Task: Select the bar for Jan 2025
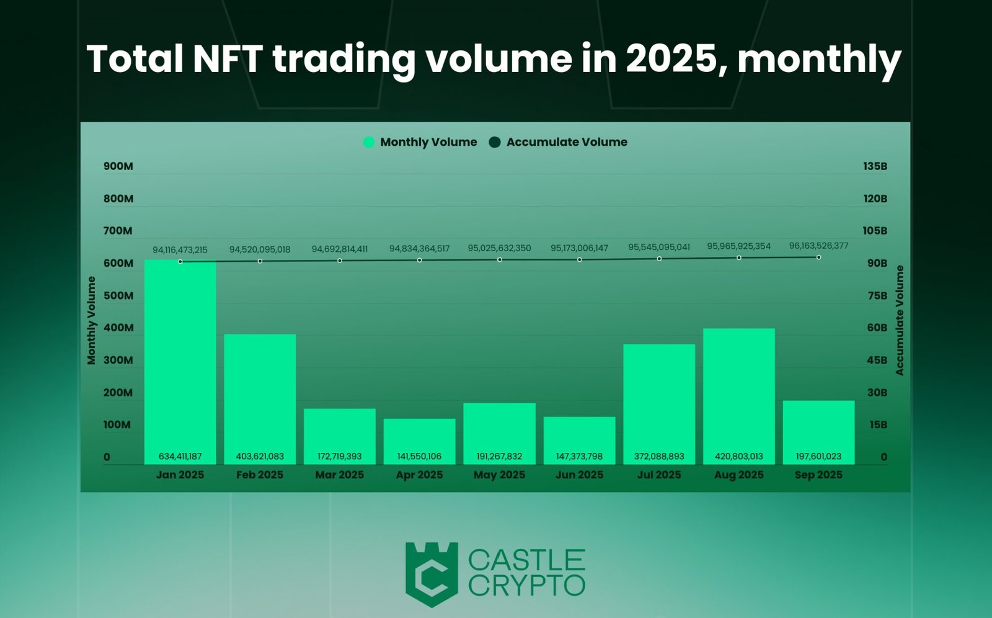(x=180, y=360)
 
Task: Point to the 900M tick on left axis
(x=118, y=166)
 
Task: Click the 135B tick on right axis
(x=875, y=166)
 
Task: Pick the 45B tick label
(x=877, y=360)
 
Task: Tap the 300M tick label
(x=118, y=360)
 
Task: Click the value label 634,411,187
(x=180, y=456)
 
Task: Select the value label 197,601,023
(x=818, y=456)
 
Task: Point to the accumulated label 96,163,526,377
(x=818, y=246)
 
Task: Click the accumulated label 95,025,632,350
(x=499, y=248)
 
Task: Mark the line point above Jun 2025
(x=579, y=259)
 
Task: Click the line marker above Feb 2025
(x=260, y=261)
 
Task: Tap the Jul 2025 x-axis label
(x=658, y=475)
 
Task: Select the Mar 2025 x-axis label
(x=339, y=475)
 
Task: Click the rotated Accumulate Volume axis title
(x=900, y=320)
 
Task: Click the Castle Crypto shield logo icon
(x=432, y=574)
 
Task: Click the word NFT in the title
(x=228, y=59)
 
